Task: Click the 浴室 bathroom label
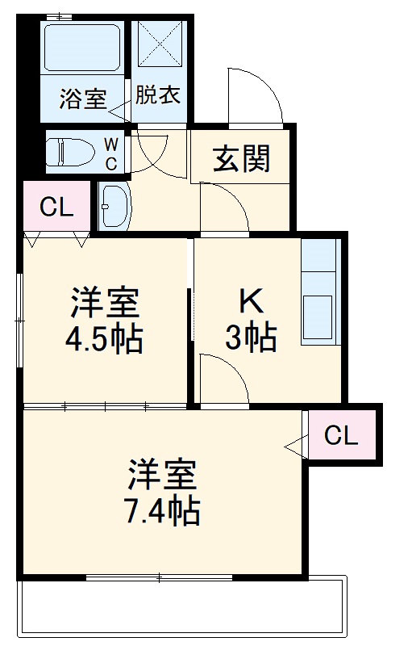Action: pos(83,99)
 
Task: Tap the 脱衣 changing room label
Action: pos(158,94)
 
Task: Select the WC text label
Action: pos(112,153)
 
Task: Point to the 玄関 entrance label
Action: pos(240,160)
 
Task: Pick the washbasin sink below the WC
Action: pos(114,207)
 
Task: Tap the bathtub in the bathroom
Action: pos(81,48)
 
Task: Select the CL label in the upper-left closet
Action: pos(56,208)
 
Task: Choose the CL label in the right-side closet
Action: pos(341,436)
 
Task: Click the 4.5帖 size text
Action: pos(104,339)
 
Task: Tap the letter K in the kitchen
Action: pos(251,302)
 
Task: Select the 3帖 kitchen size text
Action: pos(251,338)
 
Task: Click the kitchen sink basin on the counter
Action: pos(318,320)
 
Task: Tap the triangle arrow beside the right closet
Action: pos(296,443)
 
